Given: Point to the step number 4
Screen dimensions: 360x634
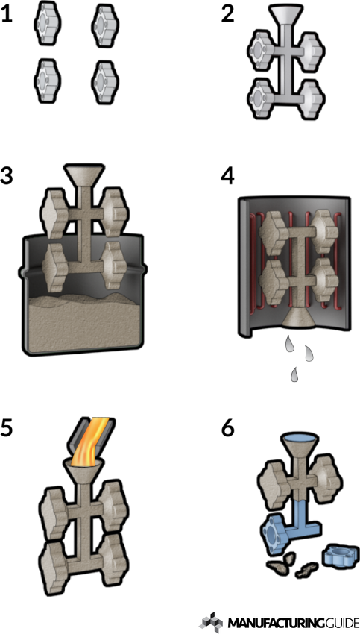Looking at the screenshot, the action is (228, 176).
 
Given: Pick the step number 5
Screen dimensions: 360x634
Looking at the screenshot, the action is (7, 428).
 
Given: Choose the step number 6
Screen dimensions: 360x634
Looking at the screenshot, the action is (228, 428).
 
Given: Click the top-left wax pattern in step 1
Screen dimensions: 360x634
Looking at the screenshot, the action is (48, 23).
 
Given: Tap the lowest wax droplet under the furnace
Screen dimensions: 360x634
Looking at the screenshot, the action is (295, 374).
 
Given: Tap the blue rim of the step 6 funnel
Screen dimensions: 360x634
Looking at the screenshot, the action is (300, 439).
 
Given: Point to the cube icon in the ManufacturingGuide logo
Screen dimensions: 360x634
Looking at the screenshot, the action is (212, 621).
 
